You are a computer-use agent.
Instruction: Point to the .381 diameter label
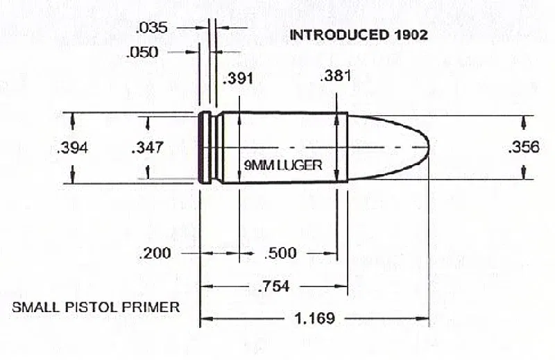click(334, 76)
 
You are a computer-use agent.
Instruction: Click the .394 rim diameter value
click(73, 148)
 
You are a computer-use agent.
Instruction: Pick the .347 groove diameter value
click(147, 147)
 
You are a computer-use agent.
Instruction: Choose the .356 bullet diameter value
click(523, 146)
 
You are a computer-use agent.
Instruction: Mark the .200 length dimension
click(155, 254)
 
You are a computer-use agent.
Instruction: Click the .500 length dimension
click(280, 254)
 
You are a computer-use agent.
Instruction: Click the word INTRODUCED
click(337, 34)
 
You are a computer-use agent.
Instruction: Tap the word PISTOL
click(92, 307)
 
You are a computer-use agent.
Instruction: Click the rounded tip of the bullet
click(426, 147)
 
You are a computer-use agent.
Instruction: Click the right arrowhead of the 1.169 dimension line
click(425, 319)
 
